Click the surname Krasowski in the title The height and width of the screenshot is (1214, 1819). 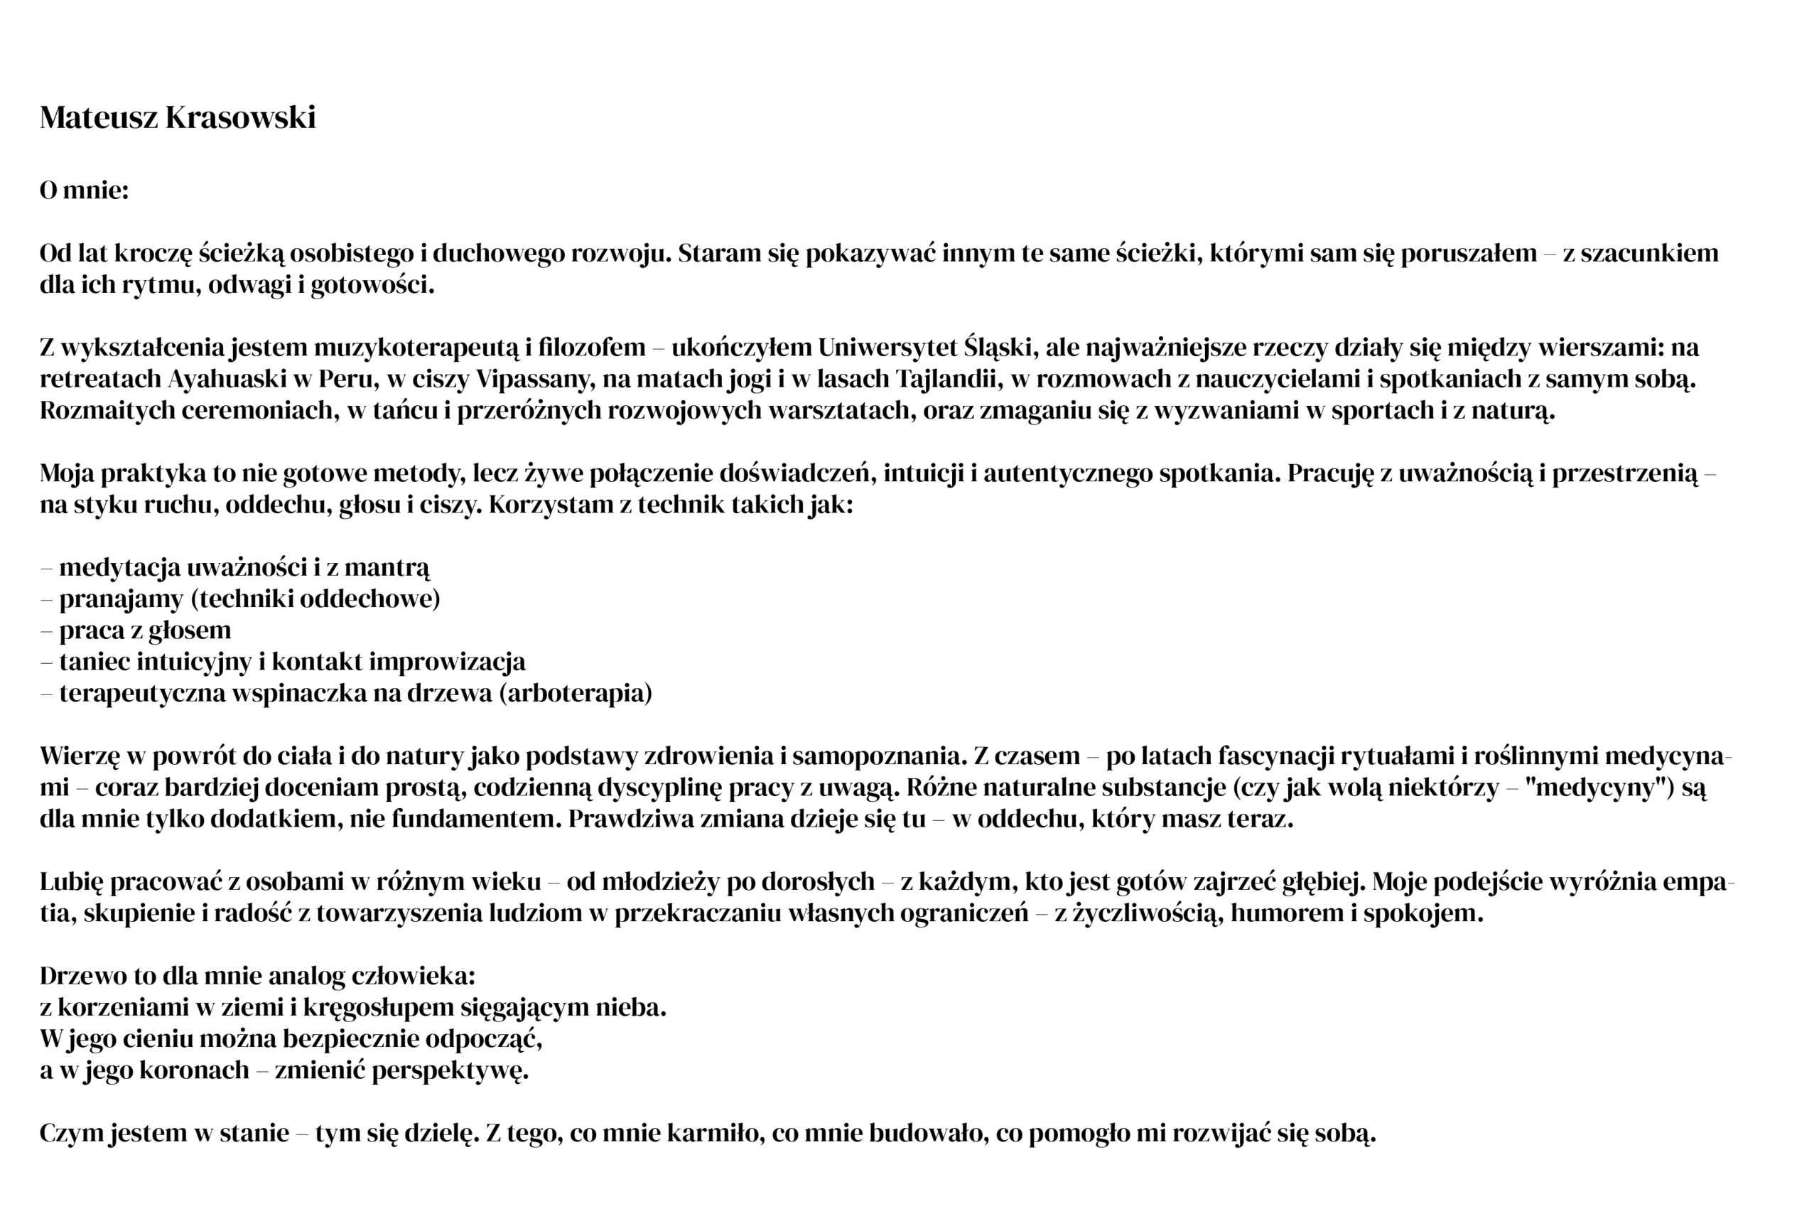240,118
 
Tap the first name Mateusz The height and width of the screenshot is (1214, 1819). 98,118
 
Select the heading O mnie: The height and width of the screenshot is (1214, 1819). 84,190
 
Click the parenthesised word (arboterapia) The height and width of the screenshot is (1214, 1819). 575,693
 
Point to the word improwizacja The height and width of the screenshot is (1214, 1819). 448,662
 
